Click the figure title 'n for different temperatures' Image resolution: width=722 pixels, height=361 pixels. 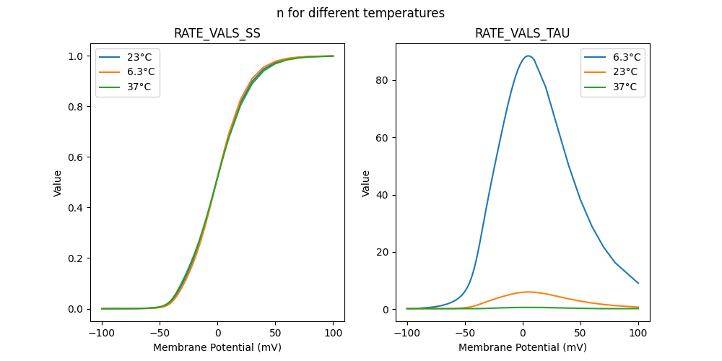tap(360, 13)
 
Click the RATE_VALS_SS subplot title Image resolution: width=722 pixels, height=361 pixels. tap(217, 34)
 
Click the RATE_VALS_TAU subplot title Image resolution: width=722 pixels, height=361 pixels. tap(522, 34)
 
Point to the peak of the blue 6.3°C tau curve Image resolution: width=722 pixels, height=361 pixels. tap(528, 56)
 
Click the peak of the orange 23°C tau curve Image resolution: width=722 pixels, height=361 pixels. tap(528, 292)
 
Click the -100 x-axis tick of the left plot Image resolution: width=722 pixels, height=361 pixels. tap(102, 334)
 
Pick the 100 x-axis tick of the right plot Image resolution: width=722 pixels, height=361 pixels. tap(638, 334)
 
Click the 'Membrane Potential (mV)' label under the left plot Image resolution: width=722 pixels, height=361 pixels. tap(217, 347)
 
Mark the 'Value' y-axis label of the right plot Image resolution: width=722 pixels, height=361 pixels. tap(365, 183)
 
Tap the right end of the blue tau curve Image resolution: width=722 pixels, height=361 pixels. tap(638, 283)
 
